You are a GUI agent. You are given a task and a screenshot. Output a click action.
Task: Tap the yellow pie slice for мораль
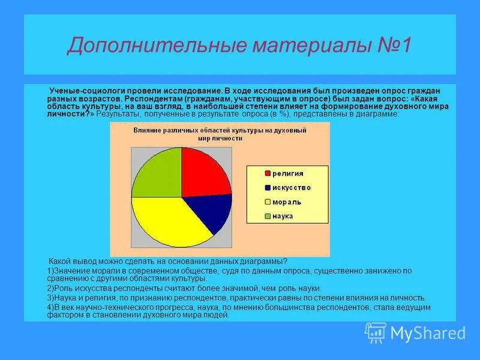point(168,222)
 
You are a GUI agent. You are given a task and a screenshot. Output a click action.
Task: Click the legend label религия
point(288,173)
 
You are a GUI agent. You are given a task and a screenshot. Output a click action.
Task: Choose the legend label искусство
point(292,188)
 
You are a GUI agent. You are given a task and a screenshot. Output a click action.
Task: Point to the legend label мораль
point(286,202)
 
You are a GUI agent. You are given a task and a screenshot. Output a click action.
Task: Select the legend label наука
point(283,216)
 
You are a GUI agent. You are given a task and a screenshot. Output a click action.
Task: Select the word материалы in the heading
point(287,46)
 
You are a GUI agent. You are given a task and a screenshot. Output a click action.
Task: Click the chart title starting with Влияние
point(220,134)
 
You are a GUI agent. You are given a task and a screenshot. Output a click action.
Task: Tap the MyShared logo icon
point(376,332)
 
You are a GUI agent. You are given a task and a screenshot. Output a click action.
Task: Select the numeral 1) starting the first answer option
point(50,271)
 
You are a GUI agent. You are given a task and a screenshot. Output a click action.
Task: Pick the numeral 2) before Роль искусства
point(50,288)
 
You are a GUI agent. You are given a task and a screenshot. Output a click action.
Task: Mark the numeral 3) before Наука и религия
point(50,297)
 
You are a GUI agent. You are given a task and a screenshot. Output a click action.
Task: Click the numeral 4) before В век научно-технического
point(50,307)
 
